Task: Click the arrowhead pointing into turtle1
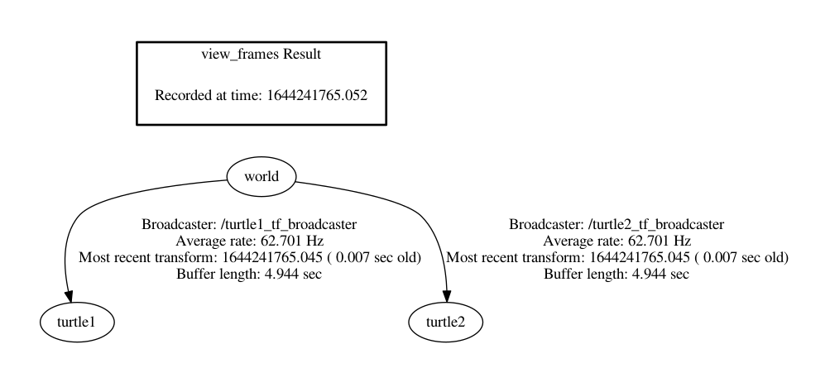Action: click(x=69, y=296)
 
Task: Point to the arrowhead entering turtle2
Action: click(x=447, y=296)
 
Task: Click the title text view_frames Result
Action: click(x=261, y=55)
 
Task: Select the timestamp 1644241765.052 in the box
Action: click(x=317, y=95)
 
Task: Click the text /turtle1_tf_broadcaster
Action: click(x=288, y=225)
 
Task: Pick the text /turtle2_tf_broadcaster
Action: click(x=655, y=225)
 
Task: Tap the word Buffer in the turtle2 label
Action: click(x=559, y=274)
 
